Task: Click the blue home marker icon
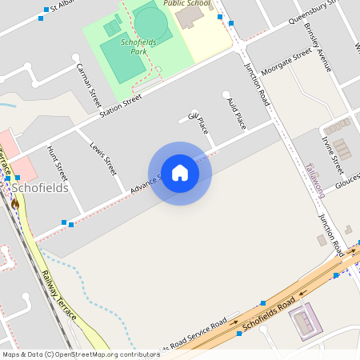click(180, 173)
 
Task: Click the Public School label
click(188, 3)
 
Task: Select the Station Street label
click(120, 105)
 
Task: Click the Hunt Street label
click(58, 162)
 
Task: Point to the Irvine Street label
click(332, 154)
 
